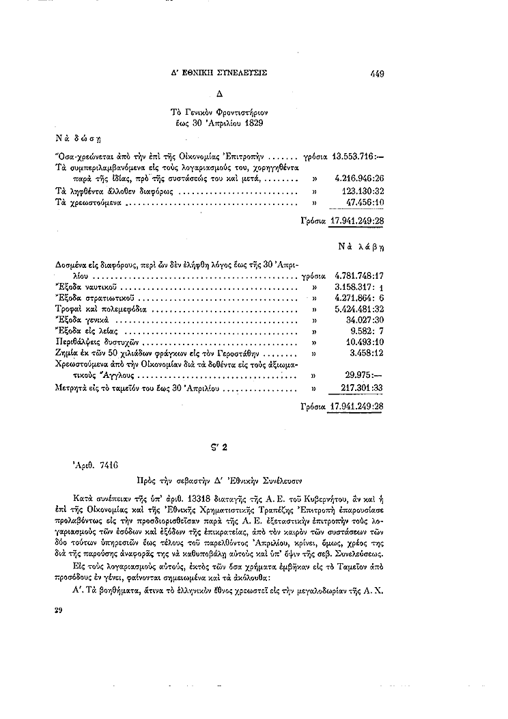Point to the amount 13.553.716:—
(x=358, y=155)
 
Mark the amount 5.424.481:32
(x=361, y=310)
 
